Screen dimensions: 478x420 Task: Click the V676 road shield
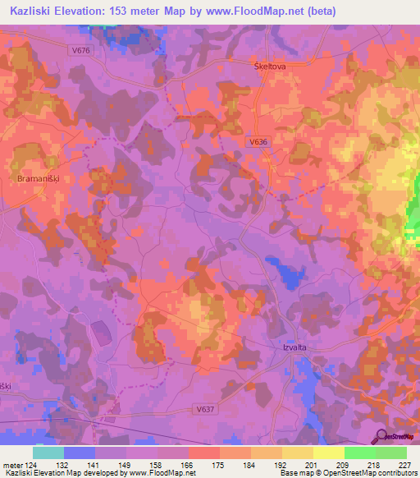(80, 50)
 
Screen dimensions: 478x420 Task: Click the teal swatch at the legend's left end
(48, 453)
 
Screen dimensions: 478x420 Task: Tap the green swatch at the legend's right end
(391, 453)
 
